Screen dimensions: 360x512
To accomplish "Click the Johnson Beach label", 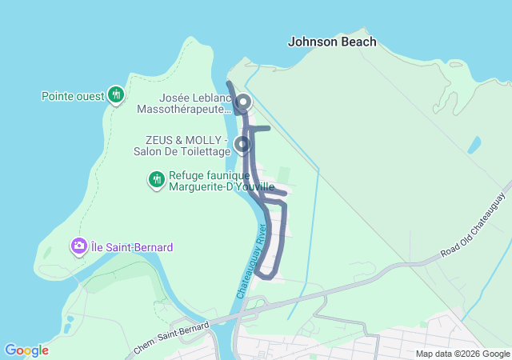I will (332, 42).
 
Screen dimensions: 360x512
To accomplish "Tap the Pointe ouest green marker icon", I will (116, 95).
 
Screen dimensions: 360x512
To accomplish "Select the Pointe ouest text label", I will (73, 96).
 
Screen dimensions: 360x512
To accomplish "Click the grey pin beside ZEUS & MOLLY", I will (242, 145).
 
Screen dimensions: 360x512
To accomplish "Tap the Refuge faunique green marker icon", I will (157, 180).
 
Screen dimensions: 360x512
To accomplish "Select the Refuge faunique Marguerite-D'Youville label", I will (210, 181).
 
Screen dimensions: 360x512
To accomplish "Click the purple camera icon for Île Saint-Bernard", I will (79, 246).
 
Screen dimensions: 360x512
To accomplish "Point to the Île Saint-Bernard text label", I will (132, 247).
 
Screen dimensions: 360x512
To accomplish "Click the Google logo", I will (26, 350).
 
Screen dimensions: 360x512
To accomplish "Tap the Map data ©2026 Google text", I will (462, 354).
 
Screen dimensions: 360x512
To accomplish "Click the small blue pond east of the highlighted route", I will (474, 146).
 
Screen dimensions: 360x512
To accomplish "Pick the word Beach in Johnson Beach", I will (358, 42).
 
